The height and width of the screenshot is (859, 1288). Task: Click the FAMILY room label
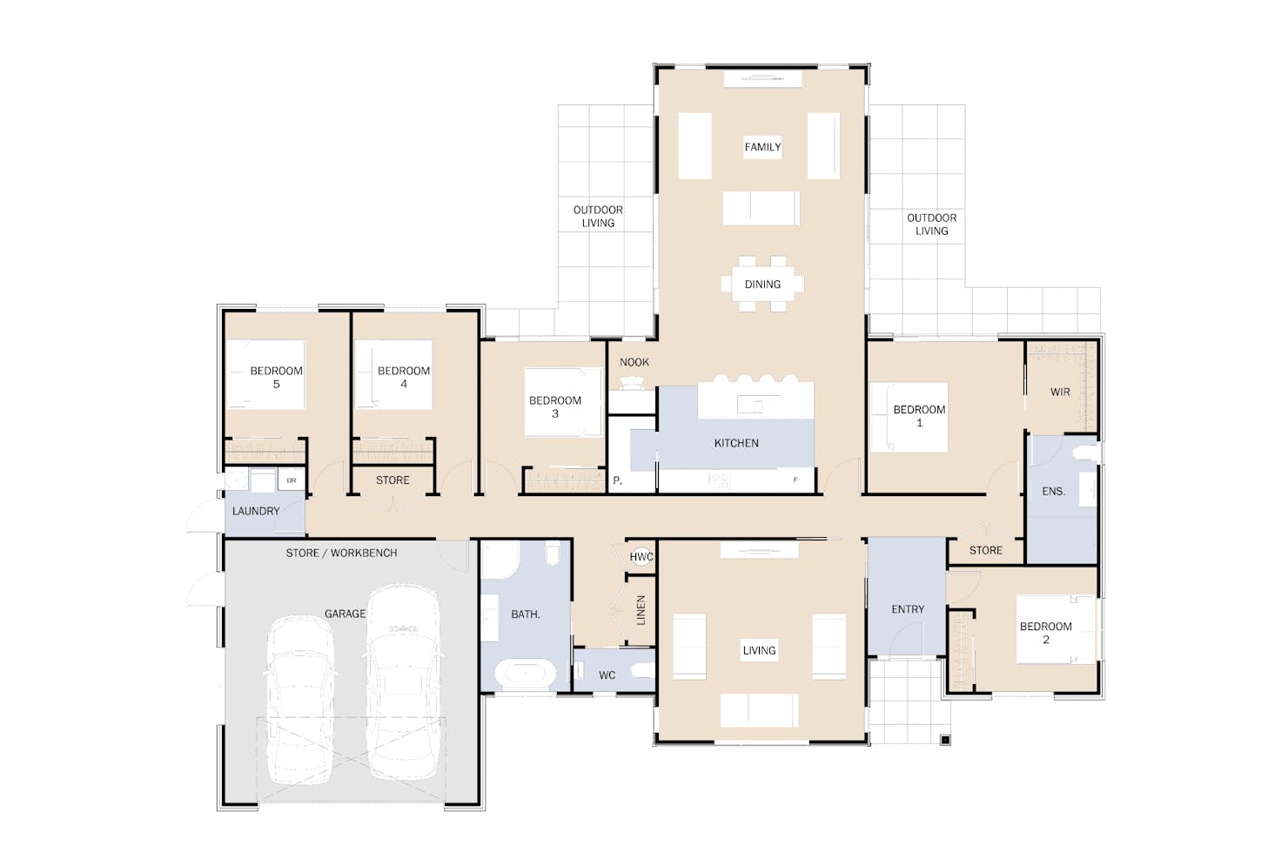coord(762,147)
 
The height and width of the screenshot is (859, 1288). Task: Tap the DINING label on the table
coord(762,284)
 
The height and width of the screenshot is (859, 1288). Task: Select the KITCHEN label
coord(736,443)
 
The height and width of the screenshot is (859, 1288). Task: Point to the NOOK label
coord(634,362)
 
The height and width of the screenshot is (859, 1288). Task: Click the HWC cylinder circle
coord(641,557)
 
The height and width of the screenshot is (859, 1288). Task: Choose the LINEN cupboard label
coord(641,609)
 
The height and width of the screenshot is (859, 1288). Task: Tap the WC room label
coord(607,675)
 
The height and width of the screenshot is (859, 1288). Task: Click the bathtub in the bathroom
coord(526,674)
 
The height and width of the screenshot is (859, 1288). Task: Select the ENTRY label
coord(908,609)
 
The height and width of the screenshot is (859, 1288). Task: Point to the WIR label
coord(1060,393)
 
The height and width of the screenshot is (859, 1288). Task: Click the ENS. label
coord(1053,492)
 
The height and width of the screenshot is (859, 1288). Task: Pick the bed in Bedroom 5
coord(265,374)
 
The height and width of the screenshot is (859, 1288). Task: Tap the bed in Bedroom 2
coord(1056,629)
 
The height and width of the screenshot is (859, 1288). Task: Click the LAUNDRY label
coord(256,511)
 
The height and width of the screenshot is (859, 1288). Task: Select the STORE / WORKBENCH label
coord(341,553)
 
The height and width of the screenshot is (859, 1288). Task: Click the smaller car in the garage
coord(300,700)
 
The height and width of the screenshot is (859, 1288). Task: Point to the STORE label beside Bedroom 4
coord(392,480)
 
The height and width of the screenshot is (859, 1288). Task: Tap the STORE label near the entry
coord(985,550)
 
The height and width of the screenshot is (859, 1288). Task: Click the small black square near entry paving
coord(945,740)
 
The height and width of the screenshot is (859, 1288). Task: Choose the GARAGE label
coord(345,614)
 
